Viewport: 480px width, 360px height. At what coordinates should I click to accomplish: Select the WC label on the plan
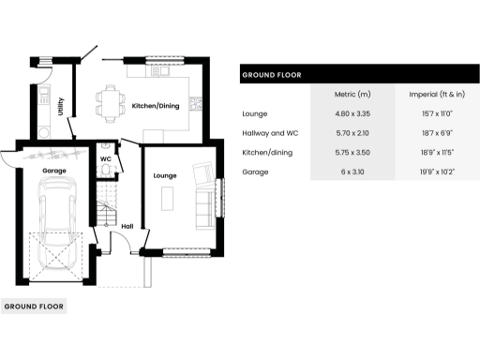tap(106, 158)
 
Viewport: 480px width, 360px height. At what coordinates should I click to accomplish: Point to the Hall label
tap(127, 225)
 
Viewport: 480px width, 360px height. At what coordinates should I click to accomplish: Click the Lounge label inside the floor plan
tap(165, 175)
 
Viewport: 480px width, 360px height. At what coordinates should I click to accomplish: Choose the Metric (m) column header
tap(352, 95)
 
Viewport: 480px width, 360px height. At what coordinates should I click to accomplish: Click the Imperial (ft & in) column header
tap(438, 95)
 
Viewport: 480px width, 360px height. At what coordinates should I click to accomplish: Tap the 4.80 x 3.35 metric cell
tap(352, 113)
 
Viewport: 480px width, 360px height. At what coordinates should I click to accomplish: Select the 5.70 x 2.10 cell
tap(352, 133)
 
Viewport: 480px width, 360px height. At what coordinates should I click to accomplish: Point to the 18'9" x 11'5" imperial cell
tap(438, 153)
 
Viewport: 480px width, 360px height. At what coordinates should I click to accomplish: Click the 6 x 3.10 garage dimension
tap(352, 172)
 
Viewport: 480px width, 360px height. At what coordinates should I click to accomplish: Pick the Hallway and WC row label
tap(270, 133)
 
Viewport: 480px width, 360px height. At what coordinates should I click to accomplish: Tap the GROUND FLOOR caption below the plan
tap(33, 307)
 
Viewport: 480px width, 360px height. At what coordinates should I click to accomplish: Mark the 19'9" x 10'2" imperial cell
tap(438, 172)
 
